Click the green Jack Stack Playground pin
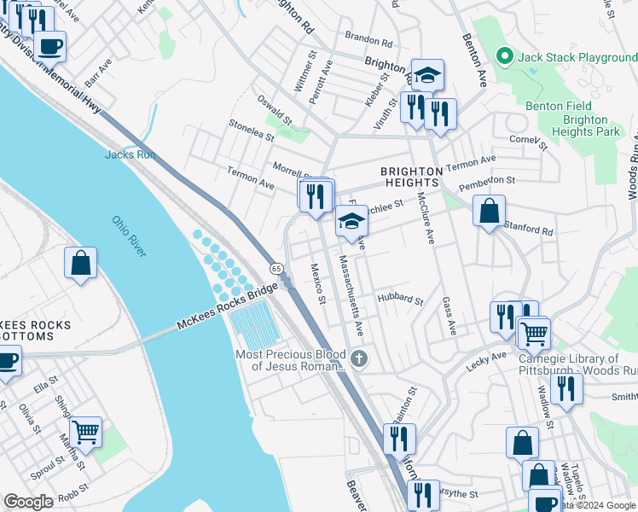point(505,57)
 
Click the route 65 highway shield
point(277,268)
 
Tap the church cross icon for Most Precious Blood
point(359,358)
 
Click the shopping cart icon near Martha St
point(86,432)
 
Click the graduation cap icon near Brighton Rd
point(428,74)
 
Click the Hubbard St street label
point(401,300)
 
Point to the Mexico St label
point(317,284)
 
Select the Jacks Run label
point(130,154)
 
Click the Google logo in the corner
point(28,502)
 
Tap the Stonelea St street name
point(251,130)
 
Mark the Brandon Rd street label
point(368,39)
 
